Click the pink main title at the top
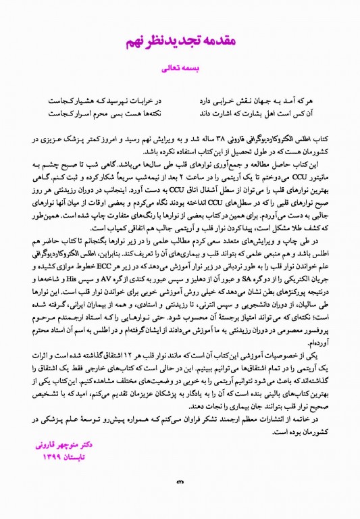(x=179, y=41)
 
